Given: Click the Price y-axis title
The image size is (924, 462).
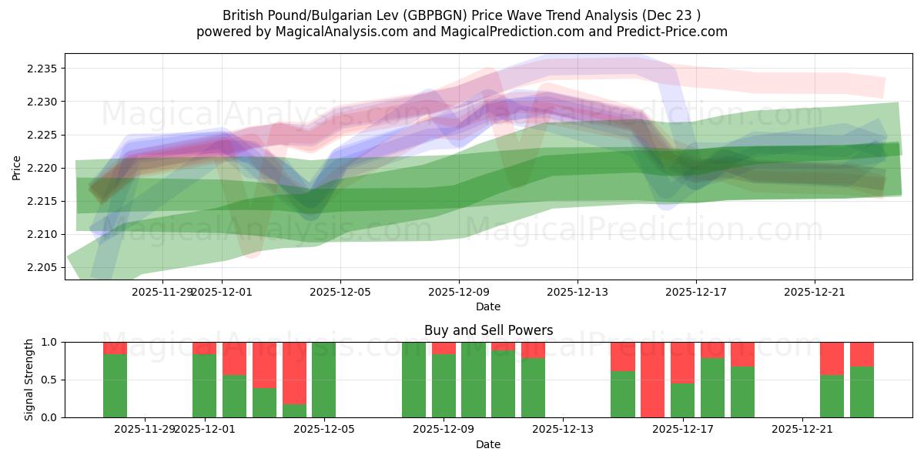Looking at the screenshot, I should [x=16, y=167].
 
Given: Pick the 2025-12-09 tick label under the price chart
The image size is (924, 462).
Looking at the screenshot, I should [x=459, y=292].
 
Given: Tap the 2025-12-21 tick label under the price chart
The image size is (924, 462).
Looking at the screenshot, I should [x=815, y=292].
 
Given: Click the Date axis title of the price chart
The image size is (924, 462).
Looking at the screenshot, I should [x=488, y=306].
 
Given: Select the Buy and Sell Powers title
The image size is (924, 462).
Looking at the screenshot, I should [x=488, y=330].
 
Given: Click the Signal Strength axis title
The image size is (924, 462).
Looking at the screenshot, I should [x=28, y=380].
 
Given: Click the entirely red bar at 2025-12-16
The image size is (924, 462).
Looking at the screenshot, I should [x=652, y=380].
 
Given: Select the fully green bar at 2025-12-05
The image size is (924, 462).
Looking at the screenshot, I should [x=324, y=380].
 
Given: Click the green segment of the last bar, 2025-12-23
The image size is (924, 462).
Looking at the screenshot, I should [x=862, y=392].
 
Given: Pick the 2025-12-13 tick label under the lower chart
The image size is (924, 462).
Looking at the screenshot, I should [x=563, y=429].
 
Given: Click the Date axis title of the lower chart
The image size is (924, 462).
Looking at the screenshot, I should [x=488, y=444].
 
